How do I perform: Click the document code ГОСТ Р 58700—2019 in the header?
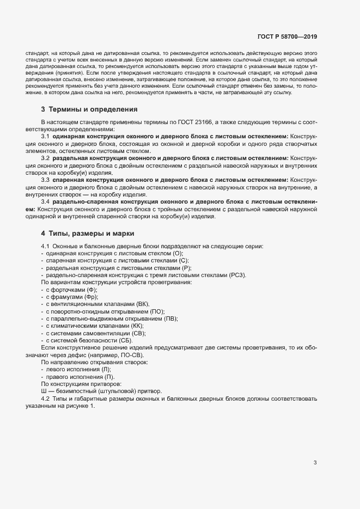tap(287, 36)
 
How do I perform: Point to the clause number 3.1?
tap(46, 136)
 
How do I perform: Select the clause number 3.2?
tap(46, 158)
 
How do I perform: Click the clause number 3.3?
tap(46, 180)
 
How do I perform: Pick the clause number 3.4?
tap(46, 202)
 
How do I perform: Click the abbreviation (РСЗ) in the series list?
tap(237, 275)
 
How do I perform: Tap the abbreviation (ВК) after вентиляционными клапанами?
tap(141, 304)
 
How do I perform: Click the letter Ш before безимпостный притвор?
tap(44, 391)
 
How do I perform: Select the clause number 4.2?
tap(46, 398)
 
